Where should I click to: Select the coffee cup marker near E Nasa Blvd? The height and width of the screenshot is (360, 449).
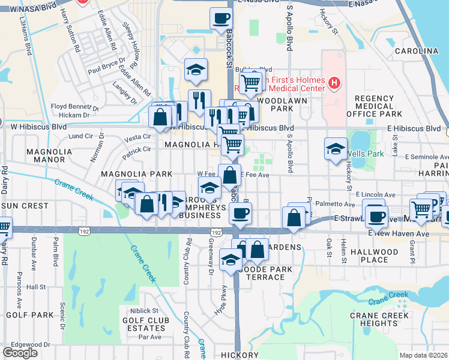click(221, 19)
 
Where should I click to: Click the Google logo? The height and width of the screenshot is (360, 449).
click(20, 353)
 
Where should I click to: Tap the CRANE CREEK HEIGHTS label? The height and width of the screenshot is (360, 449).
click(380, 319)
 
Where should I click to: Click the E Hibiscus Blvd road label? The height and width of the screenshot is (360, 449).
click(414, 128)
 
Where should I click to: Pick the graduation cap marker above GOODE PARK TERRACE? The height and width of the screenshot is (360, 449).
click(231, 259)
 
